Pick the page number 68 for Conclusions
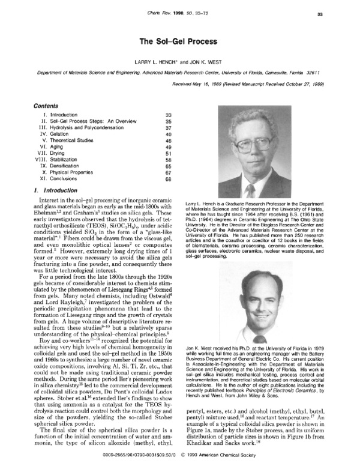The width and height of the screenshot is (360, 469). [x=168, y=179]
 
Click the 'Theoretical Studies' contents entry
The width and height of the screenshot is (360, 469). [x=73, y=142]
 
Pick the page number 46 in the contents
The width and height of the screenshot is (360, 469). [x=168, y=142]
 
